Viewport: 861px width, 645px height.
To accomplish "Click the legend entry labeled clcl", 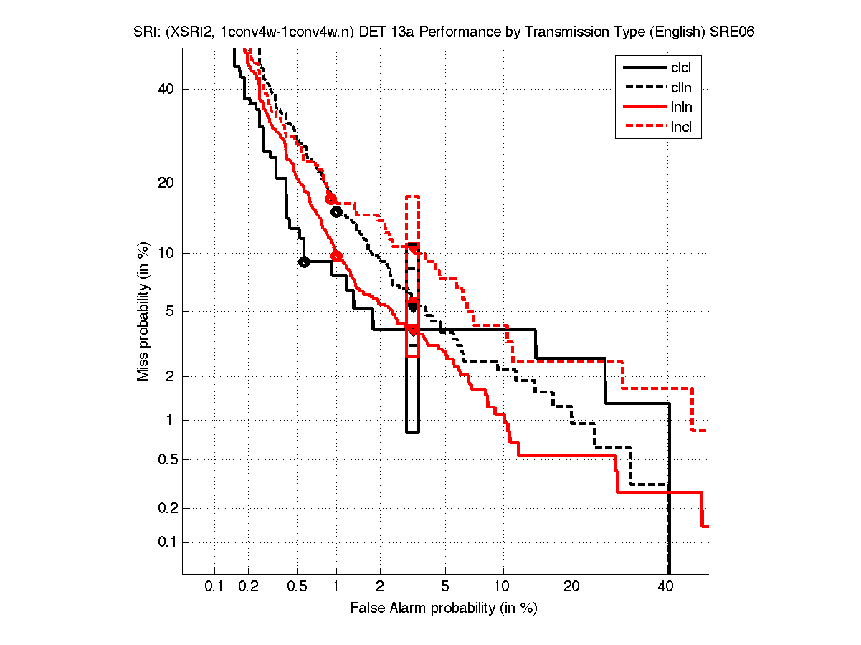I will (x=680, y=68).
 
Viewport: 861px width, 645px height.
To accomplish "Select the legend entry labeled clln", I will (x=680, y=88).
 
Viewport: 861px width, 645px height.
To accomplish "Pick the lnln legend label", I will (x=680, y=108).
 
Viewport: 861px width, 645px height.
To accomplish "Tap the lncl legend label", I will (x=680, y=128).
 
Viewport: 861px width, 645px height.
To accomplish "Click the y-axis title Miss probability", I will (x=143, y=311).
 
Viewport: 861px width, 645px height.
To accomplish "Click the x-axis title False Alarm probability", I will (x=444, y=608).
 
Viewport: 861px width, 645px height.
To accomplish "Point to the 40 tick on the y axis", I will (x=166, y=90).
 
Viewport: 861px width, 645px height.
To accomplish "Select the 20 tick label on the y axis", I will (x=166, y=183).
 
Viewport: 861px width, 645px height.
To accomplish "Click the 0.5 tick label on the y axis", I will (x=163, y=460).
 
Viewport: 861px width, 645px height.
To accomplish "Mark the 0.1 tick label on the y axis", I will (x=163, y=542).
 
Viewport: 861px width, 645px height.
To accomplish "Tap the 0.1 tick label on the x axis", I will (x=214, y=586).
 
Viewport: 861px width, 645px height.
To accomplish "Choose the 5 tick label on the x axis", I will (x=445, y=586).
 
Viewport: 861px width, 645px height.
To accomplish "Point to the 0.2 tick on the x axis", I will (x=249, y=586).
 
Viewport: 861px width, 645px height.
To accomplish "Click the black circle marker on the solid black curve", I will (x=304, y=262).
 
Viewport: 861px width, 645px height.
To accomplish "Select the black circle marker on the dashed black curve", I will (x=336, y=211).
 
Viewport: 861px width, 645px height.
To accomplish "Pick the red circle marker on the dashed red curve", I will (x=330, y=199).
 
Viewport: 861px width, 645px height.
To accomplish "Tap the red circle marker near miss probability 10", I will (x=336, y=256).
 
